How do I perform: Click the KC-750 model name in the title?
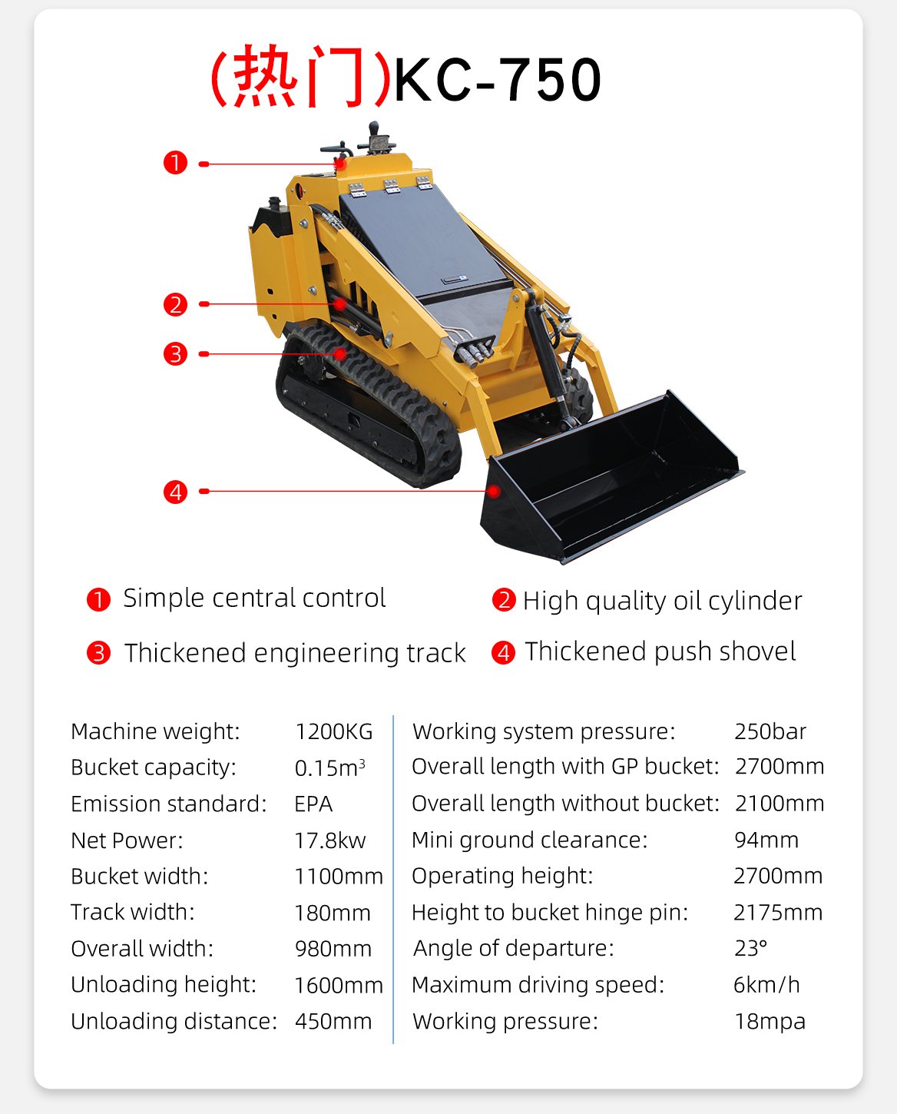pyautogui.click(x=498, y=80)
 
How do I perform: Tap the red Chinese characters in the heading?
pyautogui.click(x=300, y=77)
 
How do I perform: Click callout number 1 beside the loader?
pyautogui.click(x=175, y=163)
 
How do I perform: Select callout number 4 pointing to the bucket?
pyautogui.click(x=175, y=492)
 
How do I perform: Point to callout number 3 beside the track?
pyautogui.click(x=175, y=354)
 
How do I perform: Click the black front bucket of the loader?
pyautogui.click(x=607, y=484)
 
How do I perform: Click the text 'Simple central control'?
pyautogui.click(x=254, y=598)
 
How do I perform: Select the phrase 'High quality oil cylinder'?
pyautogui.click(x=662, y=601)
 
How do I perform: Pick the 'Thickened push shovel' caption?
pyautogui.click(x=660, y=651)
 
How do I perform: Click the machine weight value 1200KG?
pyautogui.click(x=333, y=731)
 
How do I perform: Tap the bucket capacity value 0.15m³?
pyautogui.click(x=329, y=768)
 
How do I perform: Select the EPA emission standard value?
pyautogui.click(x=313, y=804)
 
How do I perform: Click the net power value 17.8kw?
pyautogui.click(x=330, y=840)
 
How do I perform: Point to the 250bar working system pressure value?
pyautogui.click(x=770, y=731)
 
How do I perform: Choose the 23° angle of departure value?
pyautogui.click(x=750, y=948)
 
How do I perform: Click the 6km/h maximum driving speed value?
pyautogui.click(x=766, y=985)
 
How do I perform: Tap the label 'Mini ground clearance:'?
pyautogui.click(x=529, y=840)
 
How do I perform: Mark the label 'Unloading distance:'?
pyautogui.click(x=174, y=1021)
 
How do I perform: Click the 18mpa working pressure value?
pyautogui.click(x=770, y=1021)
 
